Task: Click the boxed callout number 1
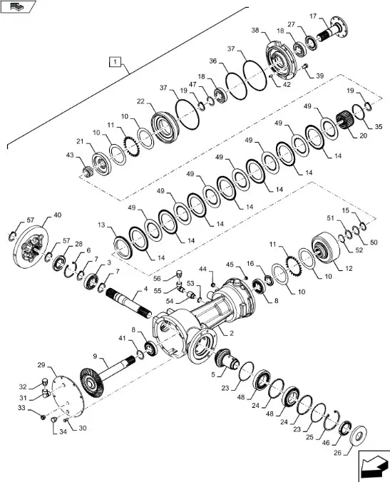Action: click(115, 62)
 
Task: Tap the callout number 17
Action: click(313, 16)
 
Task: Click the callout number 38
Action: click(255, 31)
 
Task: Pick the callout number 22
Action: click(140, 101)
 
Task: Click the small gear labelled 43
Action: click(89, 171)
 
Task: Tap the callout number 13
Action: click(101, 225)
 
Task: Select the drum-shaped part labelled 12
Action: click(325, 247)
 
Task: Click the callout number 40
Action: click(58, 215)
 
